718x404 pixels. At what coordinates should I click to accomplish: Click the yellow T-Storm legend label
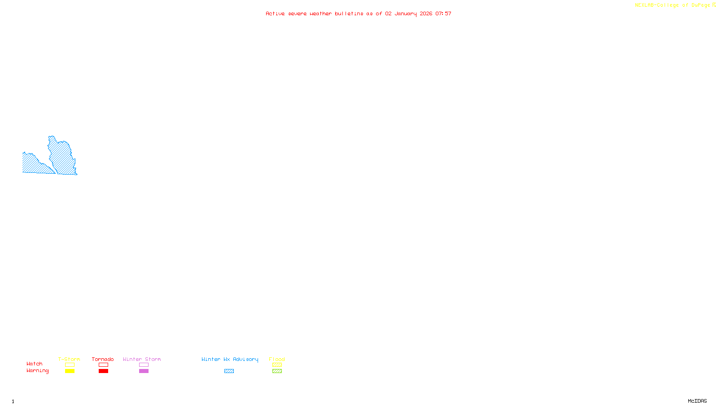(x=69, y=359)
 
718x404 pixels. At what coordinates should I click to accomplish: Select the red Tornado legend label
(x=103, y=359)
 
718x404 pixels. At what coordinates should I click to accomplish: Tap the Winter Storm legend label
(x=142, y=359)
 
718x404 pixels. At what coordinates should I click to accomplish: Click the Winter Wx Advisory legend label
(x=230, y=359)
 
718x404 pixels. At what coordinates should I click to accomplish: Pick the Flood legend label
(x=277, y=359)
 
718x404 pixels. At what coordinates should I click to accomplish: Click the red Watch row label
(x=35, y=364)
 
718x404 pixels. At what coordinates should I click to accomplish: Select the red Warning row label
(x=38, y=371)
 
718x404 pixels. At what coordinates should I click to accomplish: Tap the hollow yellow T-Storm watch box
(x=70, y=365)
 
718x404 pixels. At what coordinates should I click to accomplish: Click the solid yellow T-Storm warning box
(x=70, y=371)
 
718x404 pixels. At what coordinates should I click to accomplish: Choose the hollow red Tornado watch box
(x=103, y=365)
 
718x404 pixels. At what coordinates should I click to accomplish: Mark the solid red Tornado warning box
(x=103, y=371)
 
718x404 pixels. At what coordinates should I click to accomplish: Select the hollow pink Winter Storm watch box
(x=144, y=365)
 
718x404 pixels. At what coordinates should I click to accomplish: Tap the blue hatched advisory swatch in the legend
(x=229, y=371)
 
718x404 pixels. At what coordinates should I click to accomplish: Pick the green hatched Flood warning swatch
(x=277, y=371)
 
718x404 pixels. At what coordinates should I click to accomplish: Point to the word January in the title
(x=406, y=13)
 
